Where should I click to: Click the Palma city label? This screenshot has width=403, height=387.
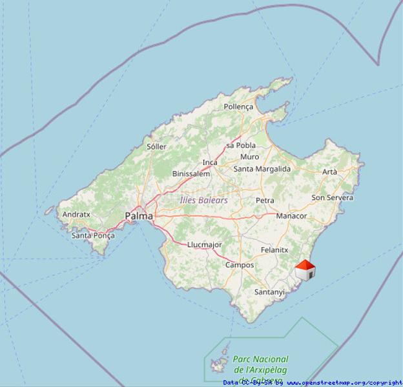pyautogui.click(x=139, y=217)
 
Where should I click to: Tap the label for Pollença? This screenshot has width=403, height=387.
pyautogui.click(x=238, y=106)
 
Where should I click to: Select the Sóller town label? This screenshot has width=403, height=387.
pyautogui.click(x=156, y=146)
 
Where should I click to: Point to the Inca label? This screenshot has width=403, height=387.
pyautogui.click(x=210, y=163)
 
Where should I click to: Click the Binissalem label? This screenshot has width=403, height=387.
pyautogui.click(x=191, y=174)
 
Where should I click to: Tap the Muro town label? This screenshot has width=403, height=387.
pyautogui.click(x=249, y=157)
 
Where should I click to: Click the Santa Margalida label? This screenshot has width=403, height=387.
pyautogui.click(x=262, y=169)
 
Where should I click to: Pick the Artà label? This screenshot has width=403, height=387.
pyautogui.click(x=329, y=172)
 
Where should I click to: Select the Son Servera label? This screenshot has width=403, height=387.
pyautogui.click(x=332, y=197)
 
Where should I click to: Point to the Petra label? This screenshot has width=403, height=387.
pyautogui.click(x=265, y=201)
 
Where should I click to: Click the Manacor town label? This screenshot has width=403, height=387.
pyautogui.click(x=291, y=216)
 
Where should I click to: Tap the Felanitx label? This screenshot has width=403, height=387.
pyautogui.click(x=274, y=250)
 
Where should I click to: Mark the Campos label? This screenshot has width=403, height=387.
pyautogui.click(x=240, y=265)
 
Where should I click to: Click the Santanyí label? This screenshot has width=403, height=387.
pyautogui.click(x=269, y=292)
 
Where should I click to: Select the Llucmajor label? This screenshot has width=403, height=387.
pyautogui.click(x=204, y=244)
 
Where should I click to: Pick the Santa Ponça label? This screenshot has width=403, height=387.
pyautogui.click(x=93, y=235)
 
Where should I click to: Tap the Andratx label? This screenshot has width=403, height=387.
pyautogui.click(x=76, y=214)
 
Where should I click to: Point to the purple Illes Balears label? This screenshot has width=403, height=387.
pyautogui.click(x=203, y=201)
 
